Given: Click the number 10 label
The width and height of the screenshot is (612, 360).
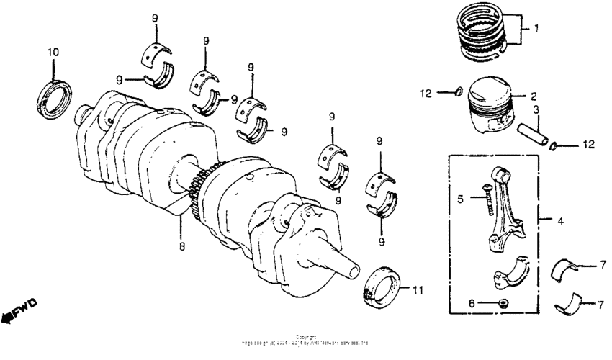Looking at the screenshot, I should (x=53, y=52).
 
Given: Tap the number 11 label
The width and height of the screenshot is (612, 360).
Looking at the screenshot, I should (x=418, y=290).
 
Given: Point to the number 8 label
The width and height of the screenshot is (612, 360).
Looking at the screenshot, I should (x=182, y=246).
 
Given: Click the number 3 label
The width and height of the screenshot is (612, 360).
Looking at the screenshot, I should (x=536, y=109).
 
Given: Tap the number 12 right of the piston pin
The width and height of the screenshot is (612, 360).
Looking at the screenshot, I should (x=589, y=145).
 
